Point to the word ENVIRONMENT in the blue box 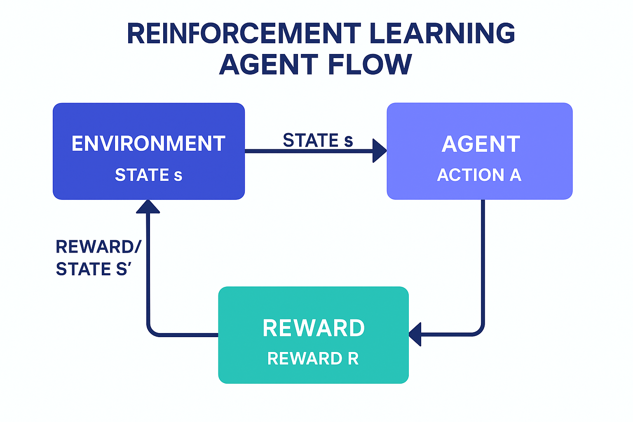148,144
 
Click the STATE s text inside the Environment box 148,175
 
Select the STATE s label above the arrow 318,141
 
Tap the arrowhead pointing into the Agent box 379,151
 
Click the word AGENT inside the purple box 481,144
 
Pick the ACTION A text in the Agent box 479,175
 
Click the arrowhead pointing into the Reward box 415,334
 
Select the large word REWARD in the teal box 314,328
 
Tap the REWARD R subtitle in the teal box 313,359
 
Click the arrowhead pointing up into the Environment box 148,207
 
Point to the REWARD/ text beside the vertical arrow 98,247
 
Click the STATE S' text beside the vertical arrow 94,269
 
